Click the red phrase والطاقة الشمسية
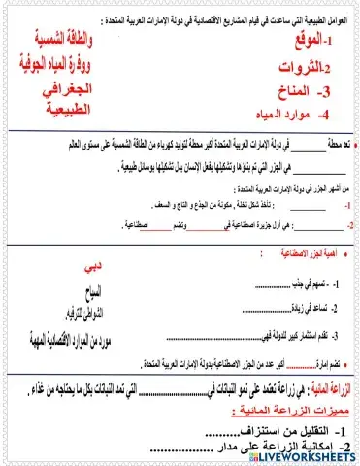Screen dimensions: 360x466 [75, 45]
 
